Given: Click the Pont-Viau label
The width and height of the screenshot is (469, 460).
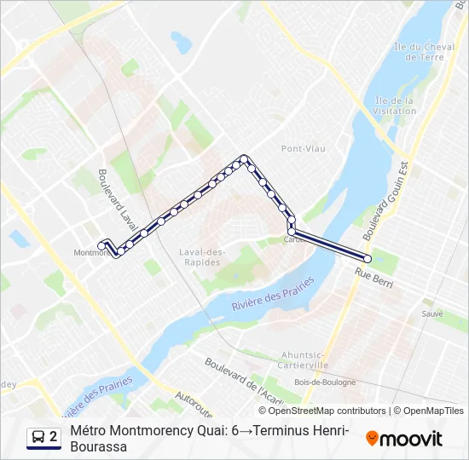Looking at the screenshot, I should pos(304,148).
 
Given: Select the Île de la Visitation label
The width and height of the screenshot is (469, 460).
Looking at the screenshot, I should pos(394,105).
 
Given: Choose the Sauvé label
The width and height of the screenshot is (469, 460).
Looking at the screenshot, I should pos(431,313).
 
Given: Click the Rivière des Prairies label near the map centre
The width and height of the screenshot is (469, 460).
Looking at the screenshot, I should pos(269,297).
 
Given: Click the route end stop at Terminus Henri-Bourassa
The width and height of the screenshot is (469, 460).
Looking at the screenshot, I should pos(368,259).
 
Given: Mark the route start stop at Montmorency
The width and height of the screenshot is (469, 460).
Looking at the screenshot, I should pos(101,245).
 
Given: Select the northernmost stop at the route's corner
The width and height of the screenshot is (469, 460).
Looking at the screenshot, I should pos(245,158).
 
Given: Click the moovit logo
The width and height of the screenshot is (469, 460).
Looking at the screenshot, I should pos(404,439).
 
